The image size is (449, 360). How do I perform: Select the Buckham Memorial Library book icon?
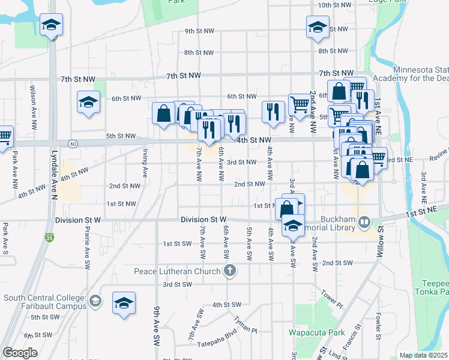click(364, 223)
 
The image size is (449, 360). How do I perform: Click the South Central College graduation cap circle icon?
click(94, 301)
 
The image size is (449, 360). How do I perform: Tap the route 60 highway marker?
click(72, 144)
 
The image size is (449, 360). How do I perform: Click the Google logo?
click(19, 353)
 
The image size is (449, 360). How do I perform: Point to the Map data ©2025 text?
click(423, 355)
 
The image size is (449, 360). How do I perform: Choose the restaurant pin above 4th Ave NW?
click(273, 112)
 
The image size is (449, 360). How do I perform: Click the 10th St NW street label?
click(333, 5)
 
